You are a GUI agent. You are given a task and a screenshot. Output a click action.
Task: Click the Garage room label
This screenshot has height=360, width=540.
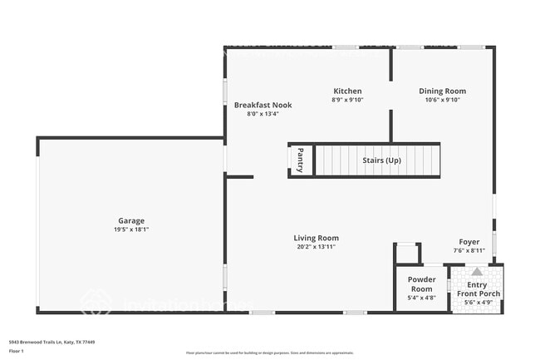pyautogui.click(x=131, y=220)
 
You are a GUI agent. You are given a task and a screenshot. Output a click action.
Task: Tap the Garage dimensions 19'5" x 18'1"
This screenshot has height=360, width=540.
pyautogui.click(x=131, y=229)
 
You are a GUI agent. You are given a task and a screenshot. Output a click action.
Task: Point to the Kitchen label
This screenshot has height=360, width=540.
pyautogui.click(x=347, y=91)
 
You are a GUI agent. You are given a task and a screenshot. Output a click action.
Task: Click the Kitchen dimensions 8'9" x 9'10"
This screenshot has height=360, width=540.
pyautogui.click(x=347, y=100)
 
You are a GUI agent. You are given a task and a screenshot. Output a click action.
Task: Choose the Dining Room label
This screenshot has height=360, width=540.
pyautogui.click(x=442, y=91)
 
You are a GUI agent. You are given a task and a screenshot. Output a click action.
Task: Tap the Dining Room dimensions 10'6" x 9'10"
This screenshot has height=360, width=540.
pyautogui.click(x=442, y=100)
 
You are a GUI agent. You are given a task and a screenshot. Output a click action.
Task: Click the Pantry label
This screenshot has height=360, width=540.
pyautogui.click(x=301, y=160)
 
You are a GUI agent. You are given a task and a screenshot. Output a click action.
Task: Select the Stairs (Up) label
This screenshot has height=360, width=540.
pyautogui.click(x=381, y=160)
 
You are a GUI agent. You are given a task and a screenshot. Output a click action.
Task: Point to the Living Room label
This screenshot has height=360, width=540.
pyautogui.click(x=316, y=238)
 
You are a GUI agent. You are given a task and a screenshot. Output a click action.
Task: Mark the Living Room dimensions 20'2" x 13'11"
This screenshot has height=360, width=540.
pyautogui.click(x=316, y=247)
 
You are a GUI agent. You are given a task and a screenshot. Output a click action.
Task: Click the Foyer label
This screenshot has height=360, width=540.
pyautogui.click(x=469, y=242)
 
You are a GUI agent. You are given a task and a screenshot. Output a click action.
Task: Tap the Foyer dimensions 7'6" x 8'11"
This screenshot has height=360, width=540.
pyautogui.click(x=469, y=250)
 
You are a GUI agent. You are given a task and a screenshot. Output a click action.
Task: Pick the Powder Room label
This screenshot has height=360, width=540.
pyautogui.click(x=421, y=284)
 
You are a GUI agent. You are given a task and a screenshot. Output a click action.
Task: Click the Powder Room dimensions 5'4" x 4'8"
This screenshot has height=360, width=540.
pyautogui.click(x=421, y=297)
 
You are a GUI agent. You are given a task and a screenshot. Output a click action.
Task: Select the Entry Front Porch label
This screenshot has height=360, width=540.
pyautogui.click(x=477, y=289)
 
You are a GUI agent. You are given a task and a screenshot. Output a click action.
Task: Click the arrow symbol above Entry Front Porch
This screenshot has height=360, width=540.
pyautogui.click(x=477, y=272)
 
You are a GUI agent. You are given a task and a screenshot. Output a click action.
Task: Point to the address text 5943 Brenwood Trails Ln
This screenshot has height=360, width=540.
pyautogui.click(x=52, y=342)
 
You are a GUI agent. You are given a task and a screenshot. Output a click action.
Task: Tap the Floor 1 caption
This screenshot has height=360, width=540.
pyautogui.click(x=17, y=351)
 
